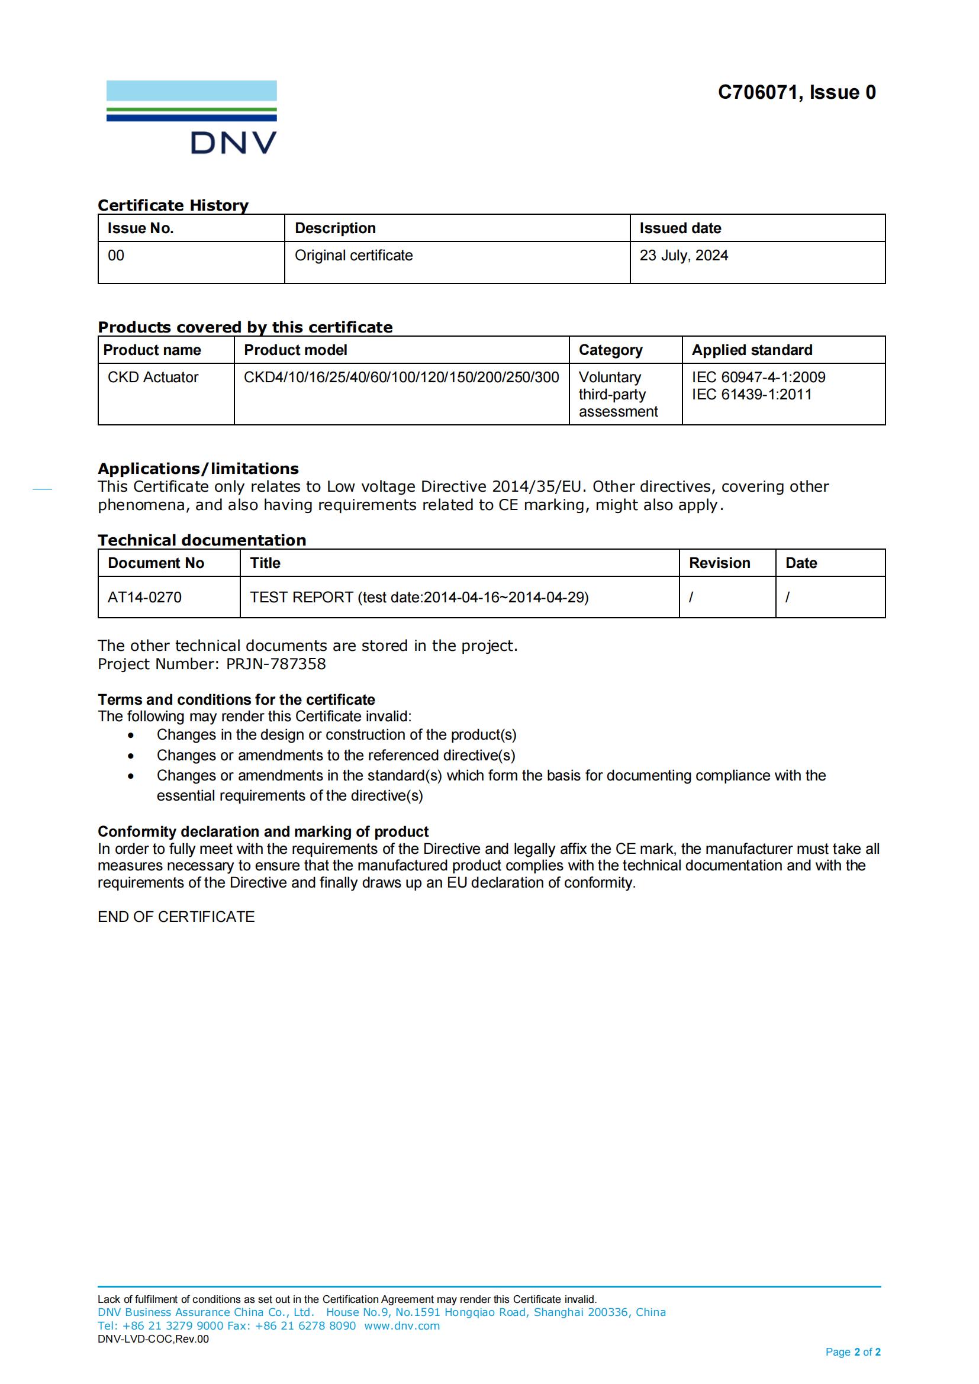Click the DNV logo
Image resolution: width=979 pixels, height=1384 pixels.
192,117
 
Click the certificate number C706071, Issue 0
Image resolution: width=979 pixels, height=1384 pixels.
796,92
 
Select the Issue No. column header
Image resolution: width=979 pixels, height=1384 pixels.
140,228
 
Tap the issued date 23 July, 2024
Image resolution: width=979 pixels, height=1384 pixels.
684,256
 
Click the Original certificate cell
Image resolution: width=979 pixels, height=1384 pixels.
353,256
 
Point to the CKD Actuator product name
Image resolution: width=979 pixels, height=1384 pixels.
153,378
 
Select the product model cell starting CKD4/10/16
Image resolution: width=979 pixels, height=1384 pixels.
401,378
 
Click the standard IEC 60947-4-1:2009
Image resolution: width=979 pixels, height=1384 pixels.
758,378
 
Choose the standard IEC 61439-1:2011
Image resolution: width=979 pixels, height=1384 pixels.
751,394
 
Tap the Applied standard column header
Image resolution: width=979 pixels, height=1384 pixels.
752,350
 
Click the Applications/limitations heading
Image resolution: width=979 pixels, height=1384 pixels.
198,469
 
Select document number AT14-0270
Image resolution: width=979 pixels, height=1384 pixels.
144,598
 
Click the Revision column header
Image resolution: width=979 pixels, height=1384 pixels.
719,563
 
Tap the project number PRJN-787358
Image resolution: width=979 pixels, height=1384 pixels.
275,664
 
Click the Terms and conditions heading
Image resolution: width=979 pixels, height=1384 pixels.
236,700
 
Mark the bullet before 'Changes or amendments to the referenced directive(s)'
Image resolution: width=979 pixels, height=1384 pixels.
131,756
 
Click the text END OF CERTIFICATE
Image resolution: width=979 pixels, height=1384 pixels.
176,917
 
